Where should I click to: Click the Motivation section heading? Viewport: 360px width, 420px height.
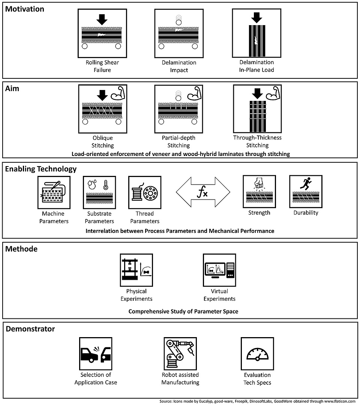click(x=25, y=9)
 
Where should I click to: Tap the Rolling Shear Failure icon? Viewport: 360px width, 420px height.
click(x=102, y=33)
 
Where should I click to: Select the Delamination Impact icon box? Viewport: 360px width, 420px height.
click(x=179, y=33)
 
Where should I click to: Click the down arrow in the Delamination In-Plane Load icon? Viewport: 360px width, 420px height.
click(x=256, y=18)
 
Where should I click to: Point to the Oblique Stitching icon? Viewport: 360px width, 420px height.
click(x=103, y=109)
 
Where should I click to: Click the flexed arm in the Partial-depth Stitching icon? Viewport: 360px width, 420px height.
click(x=194, y=93)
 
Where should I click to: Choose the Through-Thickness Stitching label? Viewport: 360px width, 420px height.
click(x=257, y=141)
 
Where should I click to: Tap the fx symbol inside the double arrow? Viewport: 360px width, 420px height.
click(x=202, y=192)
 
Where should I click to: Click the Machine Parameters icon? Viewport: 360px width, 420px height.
click(x=54, y=192)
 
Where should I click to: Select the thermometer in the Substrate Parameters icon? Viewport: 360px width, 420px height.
click(x=106, y=185)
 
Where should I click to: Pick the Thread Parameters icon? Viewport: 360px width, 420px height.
click(x=145, y=192)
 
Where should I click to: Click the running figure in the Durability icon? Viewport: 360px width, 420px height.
click(x=306, y=183)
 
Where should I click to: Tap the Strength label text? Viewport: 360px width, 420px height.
click(x=259, y=213)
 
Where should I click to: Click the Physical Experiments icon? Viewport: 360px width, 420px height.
click(x=136, y=270)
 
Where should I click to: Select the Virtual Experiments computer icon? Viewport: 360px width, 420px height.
click(x=219, y=270)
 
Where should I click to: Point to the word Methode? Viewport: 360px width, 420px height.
click(x=21, y=249)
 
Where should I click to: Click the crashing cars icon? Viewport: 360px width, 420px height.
click(x=96, y=354)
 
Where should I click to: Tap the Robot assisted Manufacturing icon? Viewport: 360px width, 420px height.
click(x=180, y=354)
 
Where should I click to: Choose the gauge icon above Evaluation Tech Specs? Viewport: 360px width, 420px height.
click(x=257, y=354)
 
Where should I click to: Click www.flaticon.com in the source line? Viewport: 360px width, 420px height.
click(x=340, y=401)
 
